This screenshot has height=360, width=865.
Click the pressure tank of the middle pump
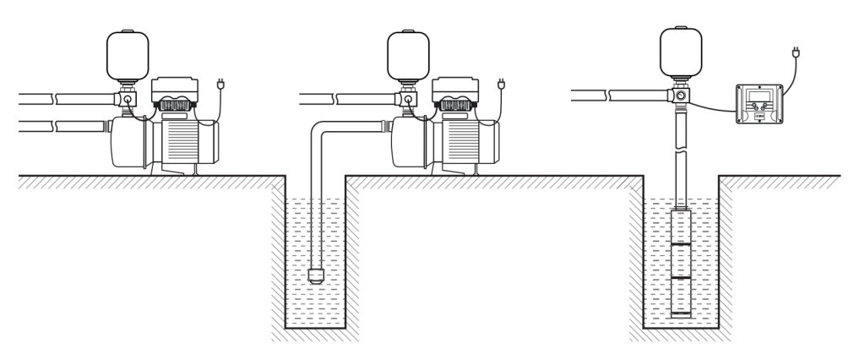(x=408, y=53)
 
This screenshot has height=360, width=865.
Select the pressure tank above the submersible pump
(x=681, y=50)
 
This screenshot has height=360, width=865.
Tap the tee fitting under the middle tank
(x=408, y=100)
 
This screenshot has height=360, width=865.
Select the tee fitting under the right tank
(x=681, y=96)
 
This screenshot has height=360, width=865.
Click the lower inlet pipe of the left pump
(x=59, y=127)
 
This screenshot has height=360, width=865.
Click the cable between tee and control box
(x=715, y=106)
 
